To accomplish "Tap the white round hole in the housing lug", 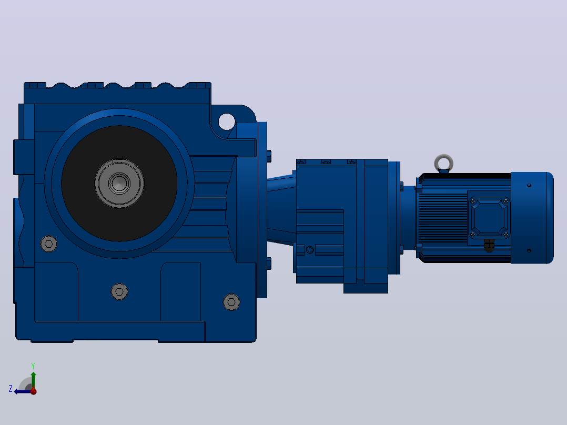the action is (x=227, y=122).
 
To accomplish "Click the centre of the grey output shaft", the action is (x=119, y=183).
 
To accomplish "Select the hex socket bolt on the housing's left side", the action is (x=49, y=244).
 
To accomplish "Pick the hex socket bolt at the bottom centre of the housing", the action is (x=119, y=291).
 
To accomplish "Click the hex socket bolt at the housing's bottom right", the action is (x=231, y=302).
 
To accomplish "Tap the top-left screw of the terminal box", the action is (x=472, y=201).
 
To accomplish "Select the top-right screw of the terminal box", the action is (x=506, y=201).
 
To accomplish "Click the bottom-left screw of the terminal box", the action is (x=472, y=235).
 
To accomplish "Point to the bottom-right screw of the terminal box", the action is (x=506, y=235).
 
